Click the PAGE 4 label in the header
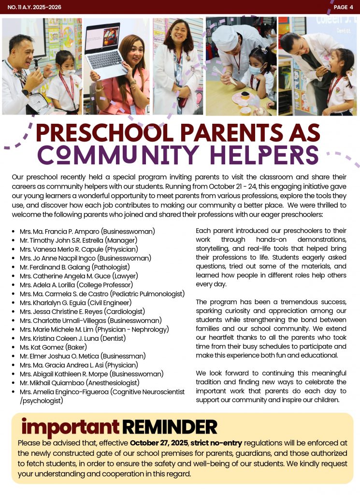[343, 7]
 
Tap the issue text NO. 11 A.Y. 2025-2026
[34, 7]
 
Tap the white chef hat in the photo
[225, 38]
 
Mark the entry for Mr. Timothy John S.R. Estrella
[78, 240]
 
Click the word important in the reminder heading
[70, 427]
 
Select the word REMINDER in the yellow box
[170, 427]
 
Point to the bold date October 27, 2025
[159, 443]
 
